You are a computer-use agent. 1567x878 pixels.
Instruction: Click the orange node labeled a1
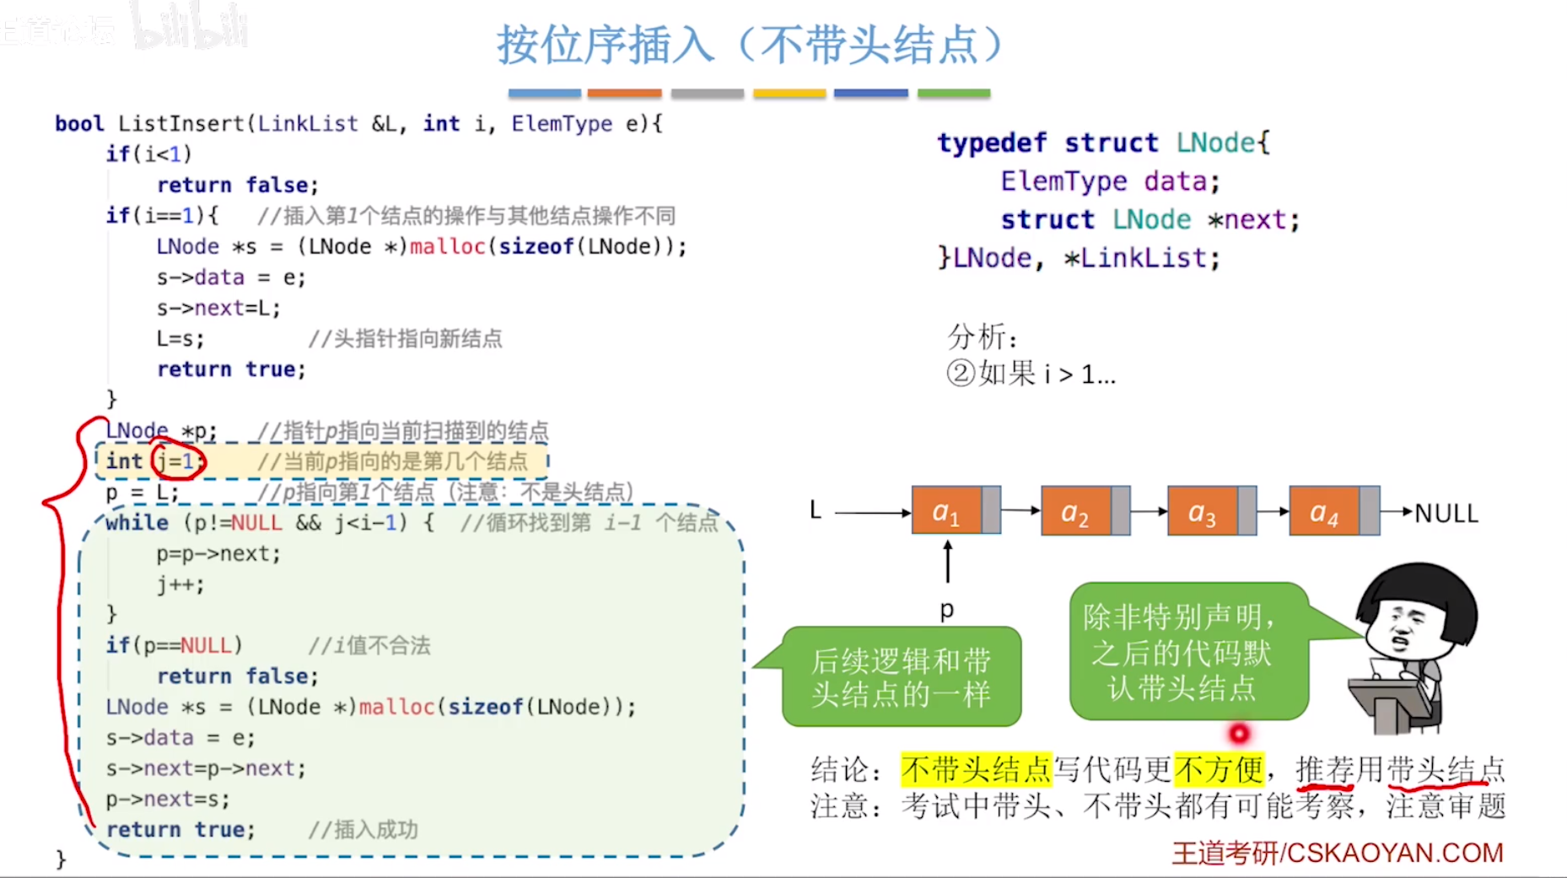point(946,511)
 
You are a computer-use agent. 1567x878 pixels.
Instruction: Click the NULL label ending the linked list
point(1446,513)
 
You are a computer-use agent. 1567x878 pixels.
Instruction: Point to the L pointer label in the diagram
point(816,510)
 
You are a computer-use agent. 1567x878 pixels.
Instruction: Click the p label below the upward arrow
point(947,609)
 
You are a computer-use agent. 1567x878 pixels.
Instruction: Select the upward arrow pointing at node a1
point(948,562)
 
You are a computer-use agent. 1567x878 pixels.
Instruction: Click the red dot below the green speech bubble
point(1238,734)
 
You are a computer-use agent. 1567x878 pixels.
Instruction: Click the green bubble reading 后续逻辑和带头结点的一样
point(901,676)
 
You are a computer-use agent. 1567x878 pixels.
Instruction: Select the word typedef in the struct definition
point(992,143)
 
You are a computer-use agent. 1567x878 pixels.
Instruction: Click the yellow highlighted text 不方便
point(1219,769)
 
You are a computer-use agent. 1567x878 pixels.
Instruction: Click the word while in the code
point(137,523)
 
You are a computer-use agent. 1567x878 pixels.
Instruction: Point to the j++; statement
point(180,584)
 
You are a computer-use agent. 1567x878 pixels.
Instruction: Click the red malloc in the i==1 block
point(447,246)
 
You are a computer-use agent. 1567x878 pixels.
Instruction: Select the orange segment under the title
point(624,93)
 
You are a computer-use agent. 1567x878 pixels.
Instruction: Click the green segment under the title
point(953,93)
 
